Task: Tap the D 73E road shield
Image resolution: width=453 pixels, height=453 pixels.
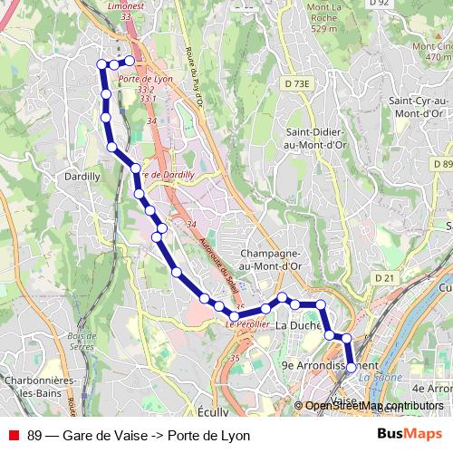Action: click(295, 83)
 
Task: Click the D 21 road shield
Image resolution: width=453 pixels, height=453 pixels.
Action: click(386, 278)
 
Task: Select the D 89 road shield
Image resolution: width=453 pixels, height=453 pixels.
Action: click(442, 164)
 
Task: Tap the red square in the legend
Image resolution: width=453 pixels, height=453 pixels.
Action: click(14, 436)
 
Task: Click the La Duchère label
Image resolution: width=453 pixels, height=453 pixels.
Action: click(299, 325)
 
